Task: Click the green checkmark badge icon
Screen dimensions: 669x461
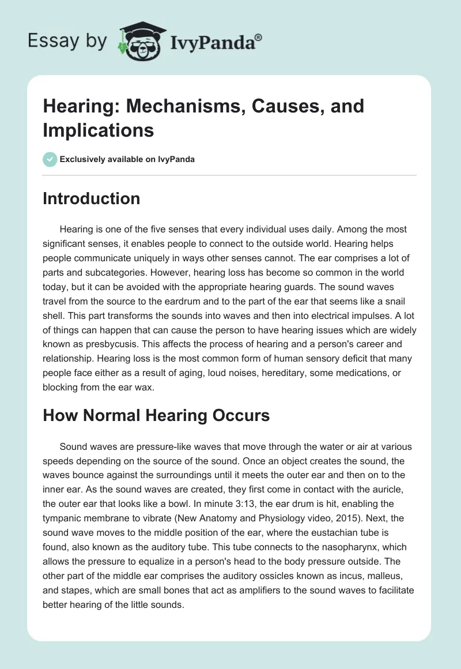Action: click(x=50, y=159)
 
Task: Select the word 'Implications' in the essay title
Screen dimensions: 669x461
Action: click(x=98, y=130)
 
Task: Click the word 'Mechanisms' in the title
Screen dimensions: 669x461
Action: click(x=167, y=106)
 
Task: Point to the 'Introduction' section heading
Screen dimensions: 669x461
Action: click(x=92, y=199)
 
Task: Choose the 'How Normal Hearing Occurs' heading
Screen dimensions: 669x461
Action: click(x=156, y=415)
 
